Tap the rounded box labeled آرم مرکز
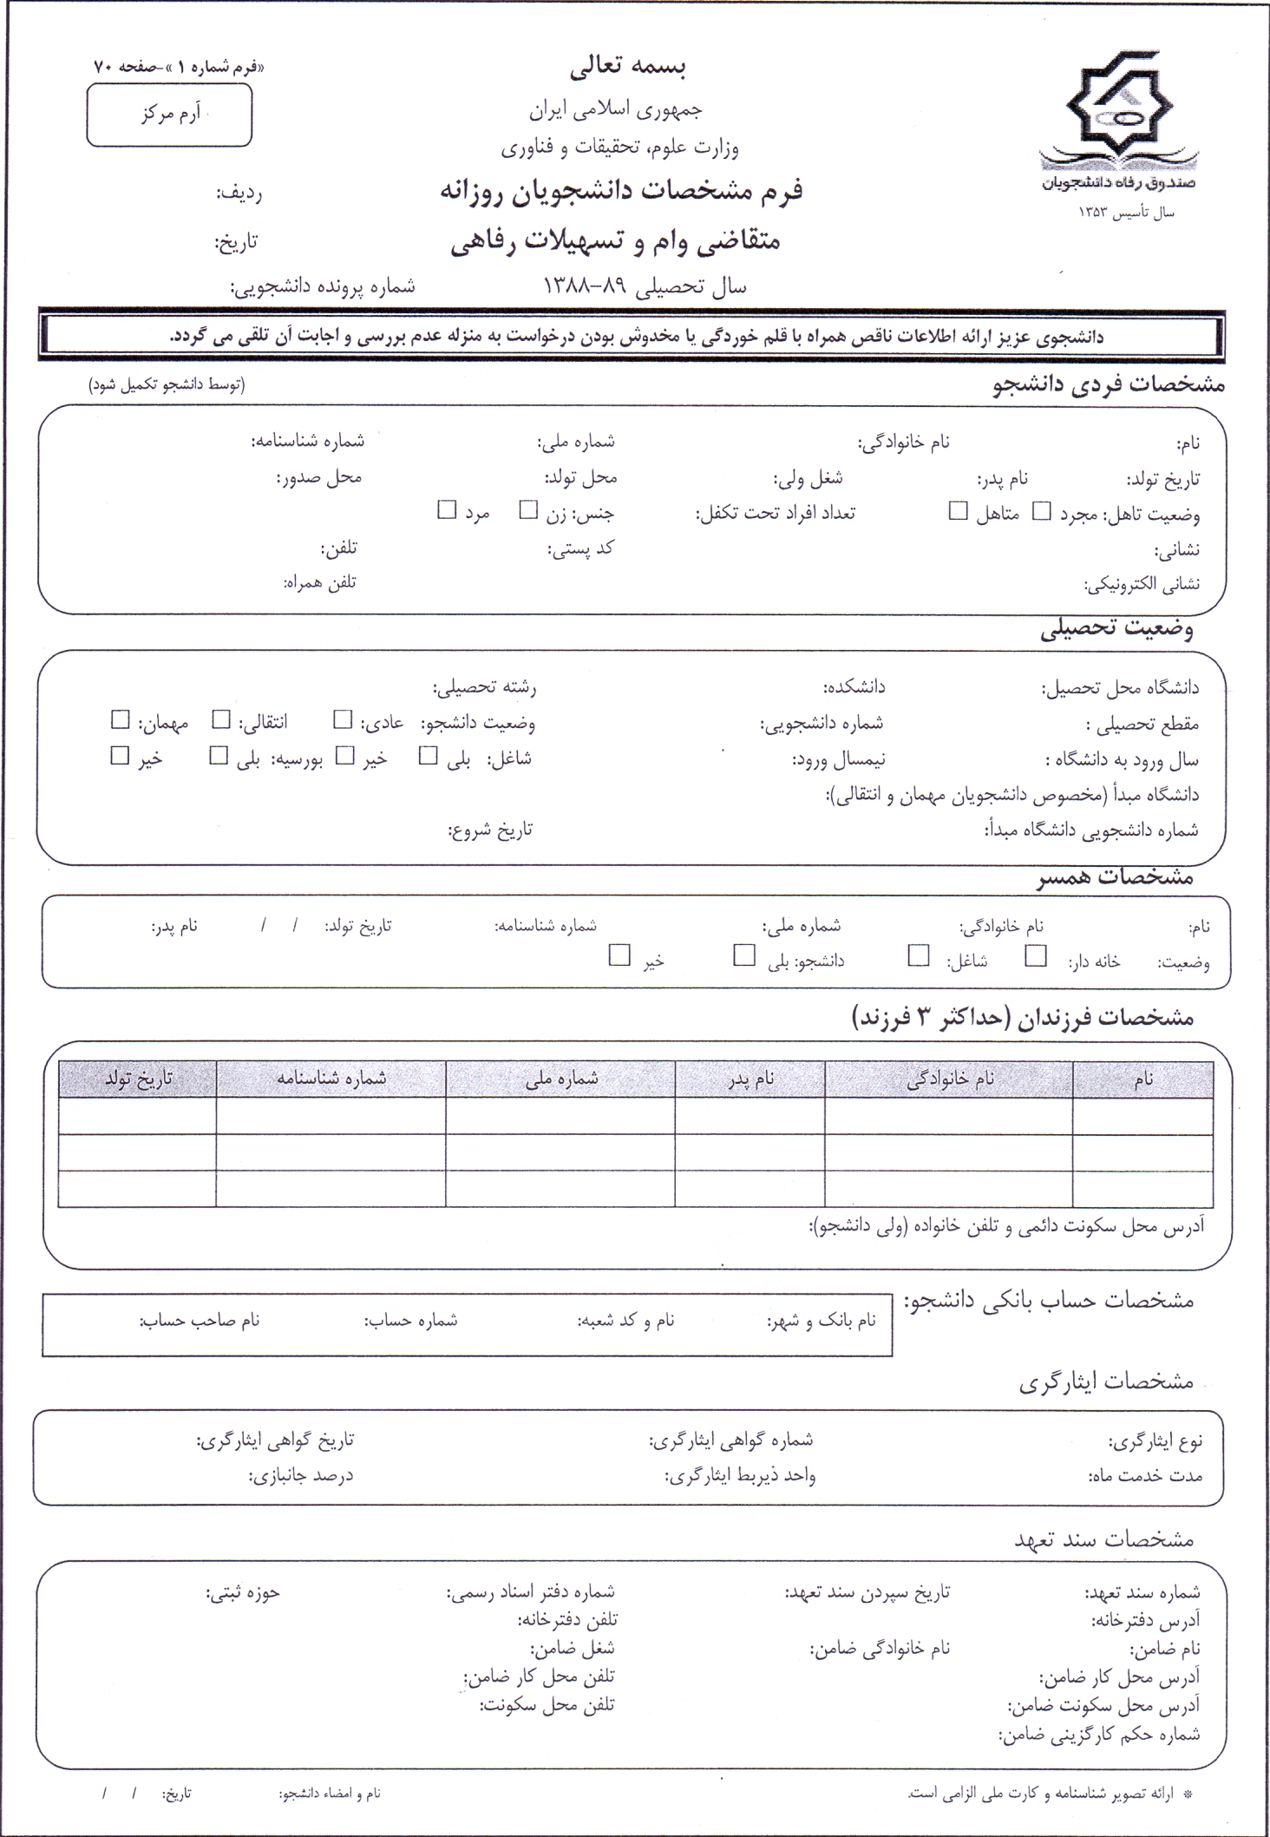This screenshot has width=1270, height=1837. click(x=169, y=115)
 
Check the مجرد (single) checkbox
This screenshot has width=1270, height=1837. click(x=1041, y=511)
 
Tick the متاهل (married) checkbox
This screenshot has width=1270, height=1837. click(x=958, y=511)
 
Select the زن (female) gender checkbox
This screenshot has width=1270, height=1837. click(x=528, y=510)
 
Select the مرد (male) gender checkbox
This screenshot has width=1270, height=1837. click(x=447, y=510)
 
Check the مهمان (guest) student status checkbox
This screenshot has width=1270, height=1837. click(x=120, y=719)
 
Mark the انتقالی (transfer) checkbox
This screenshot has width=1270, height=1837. click(x=222, y=719)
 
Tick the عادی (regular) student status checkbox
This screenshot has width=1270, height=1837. click(x=344, y=719)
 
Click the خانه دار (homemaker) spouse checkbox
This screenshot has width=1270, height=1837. click(x=1035, y=955)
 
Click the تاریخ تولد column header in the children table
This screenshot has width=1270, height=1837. click(x=139, y=1079)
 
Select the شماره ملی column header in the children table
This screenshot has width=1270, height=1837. click(x=561, y=1079)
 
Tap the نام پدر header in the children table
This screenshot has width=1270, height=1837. click(x=751, y=1079)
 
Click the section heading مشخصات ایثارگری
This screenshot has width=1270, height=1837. click(x=1107, y=1382)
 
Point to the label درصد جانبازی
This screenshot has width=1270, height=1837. click(x=301, y=1475)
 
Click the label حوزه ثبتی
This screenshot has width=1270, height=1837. click(x=243, y=1592)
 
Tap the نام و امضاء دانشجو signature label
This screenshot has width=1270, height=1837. click(x=330, y=1793)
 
